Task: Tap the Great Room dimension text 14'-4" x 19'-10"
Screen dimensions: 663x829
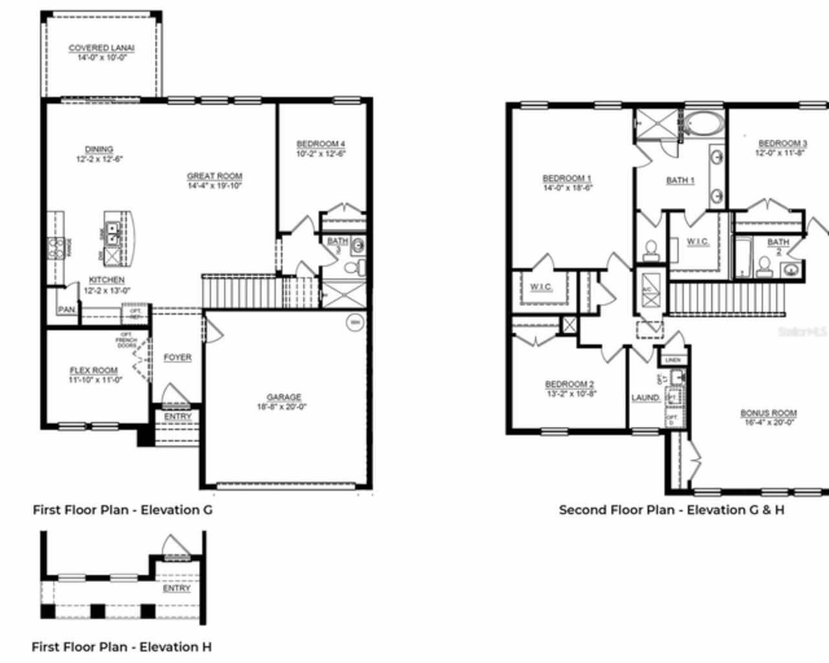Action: pos(214,186)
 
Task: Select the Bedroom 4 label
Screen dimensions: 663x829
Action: pos(321,144)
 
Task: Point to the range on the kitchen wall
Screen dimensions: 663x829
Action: pos(55,247)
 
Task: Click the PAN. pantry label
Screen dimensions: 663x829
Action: pos(66,310)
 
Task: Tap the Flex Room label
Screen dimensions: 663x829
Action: pos(94,370)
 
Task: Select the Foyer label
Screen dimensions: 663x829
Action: pos(177,357)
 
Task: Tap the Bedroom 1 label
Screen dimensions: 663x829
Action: pos(567,178)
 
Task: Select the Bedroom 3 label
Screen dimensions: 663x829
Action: pos(782,143)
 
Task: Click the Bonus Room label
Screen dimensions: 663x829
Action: pos(769,412)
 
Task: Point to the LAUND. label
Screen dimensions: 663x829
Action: pos(646,398)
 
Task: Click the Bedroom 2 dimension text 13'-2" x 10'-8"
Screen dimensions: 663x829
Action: pos(570,393)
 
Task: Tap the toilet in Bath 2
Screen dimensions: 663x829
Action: pos(764,266)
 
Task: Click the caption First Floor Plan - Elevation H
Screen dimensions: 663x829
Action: pos(122,647)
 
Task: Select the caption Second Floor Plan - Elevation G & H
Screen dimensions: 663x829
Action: pos(672,510)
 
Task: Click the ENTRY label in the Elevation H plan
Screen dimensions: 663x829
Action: pos(176,588)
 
